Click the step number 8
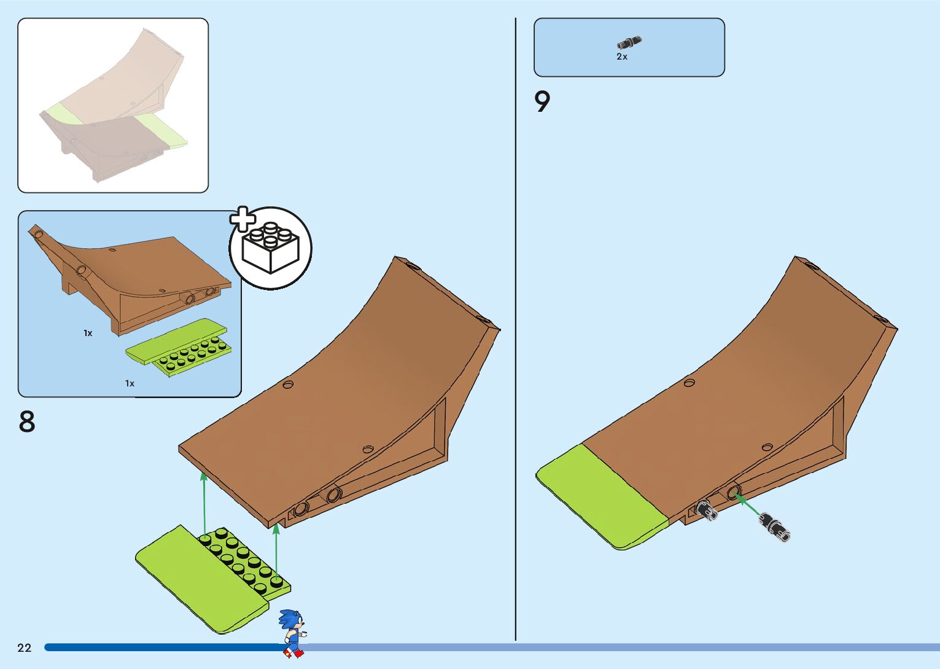[27, 422]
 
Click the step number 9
[542, 102]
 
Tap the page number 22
[24, 647]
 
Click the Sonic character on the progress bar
[292, 632]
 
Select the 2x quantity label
[622, 57]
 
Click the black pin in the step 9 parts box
[629, 42]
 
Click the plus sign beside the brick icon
[243, 219]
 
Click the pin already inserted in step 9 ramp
[706, 510]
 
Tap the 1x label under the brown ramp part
[88, 333]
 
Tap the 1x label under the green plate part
[130, 383]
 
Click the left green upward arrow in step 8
[204, 504]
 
